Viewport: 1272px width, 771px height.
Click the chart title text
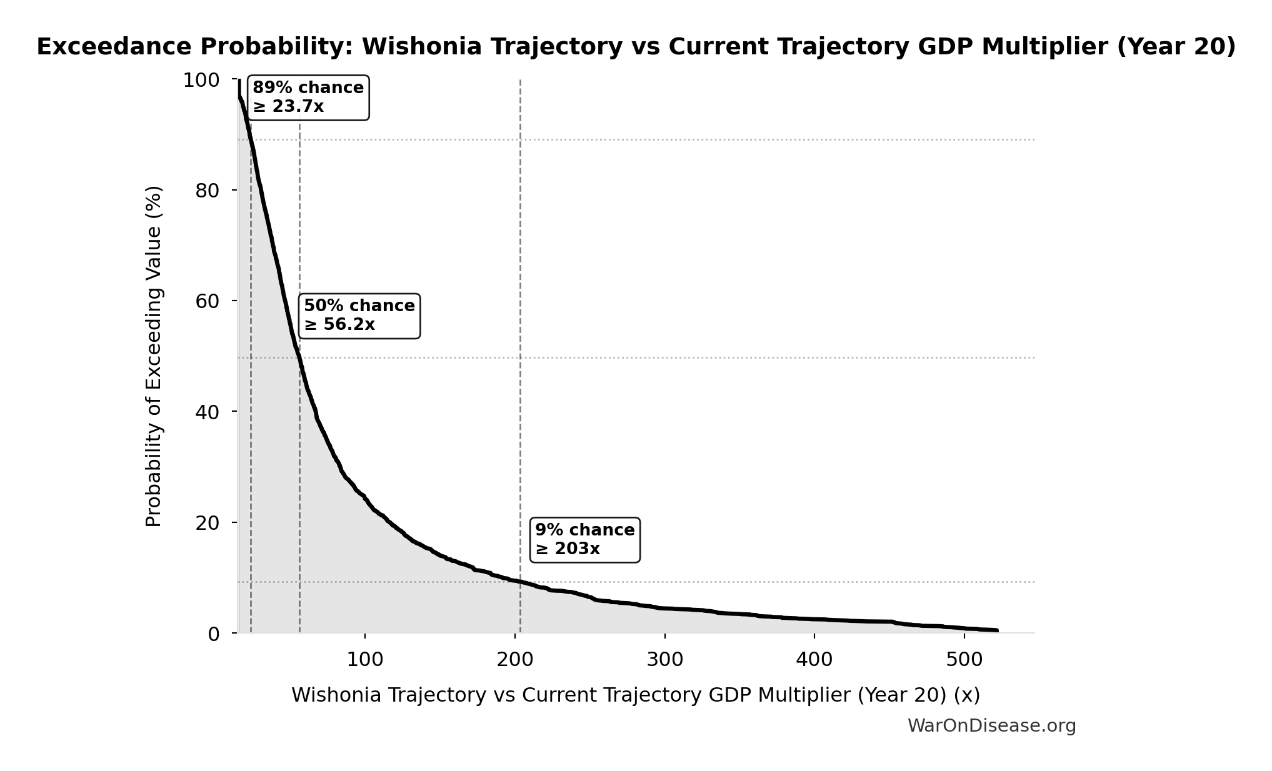[636, 47]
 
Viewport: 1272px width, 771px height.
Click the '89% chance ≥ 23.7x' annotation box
[308, 97]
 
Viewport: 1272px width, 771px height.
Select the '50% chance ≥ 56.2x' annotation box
[359, 316]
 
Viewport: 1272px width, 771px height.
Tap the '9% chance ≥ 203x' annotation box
[584, 540]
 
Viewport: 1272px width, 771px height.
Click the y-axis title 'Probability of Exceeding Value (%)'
[154, 356]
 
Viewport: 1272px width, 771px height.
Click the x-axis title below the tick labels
[635, 695]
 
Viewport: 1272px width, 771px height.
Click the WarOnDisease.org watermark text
[991, 725]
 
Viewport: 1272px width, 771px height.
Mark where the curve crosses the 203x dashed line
[520, 582]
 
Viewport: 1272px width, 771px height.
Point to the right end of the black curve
[997, 630]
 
